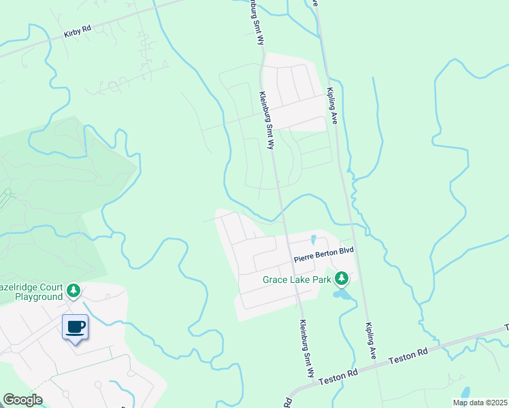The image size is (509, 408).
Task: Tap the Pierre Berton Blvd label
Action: pyautogui.click(x=325, y=256)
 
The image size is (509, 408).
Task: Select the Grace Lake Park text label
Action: pyautogui.click(x=297, y=279)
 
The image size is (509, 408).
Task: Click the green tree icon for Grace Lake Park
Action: pyautogui.click(x=343, y=278)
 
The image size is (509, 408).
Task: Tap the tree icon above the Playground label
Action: pyautogui.click(x=73, y=291)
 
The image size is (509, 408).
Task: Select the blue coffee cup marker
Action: pyautogui.click(x=75, y=328)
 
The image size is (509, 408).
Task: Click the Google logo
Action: pyautogui.click(x=22, y=400)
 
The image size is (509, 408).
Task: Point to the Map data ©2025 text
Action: pyautogui.click(x=480, y=403)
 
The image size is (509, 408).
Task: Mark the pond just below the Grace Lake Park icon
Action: pyautogui.click(x=341, y=294)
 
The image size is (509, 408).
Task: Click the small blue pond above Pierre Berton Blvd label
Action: pyautogui.click(x=313, y=239)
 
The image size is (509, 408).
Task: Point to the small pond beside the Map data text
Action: pyautogui.click(x=465, y=392)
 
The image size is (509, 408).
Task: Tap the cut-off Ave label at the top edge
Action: pyautogui.click(x=315, y=3)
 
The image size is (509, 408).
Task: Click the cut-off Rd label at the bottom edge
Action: pyautogui.click(x=288, y=403)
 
